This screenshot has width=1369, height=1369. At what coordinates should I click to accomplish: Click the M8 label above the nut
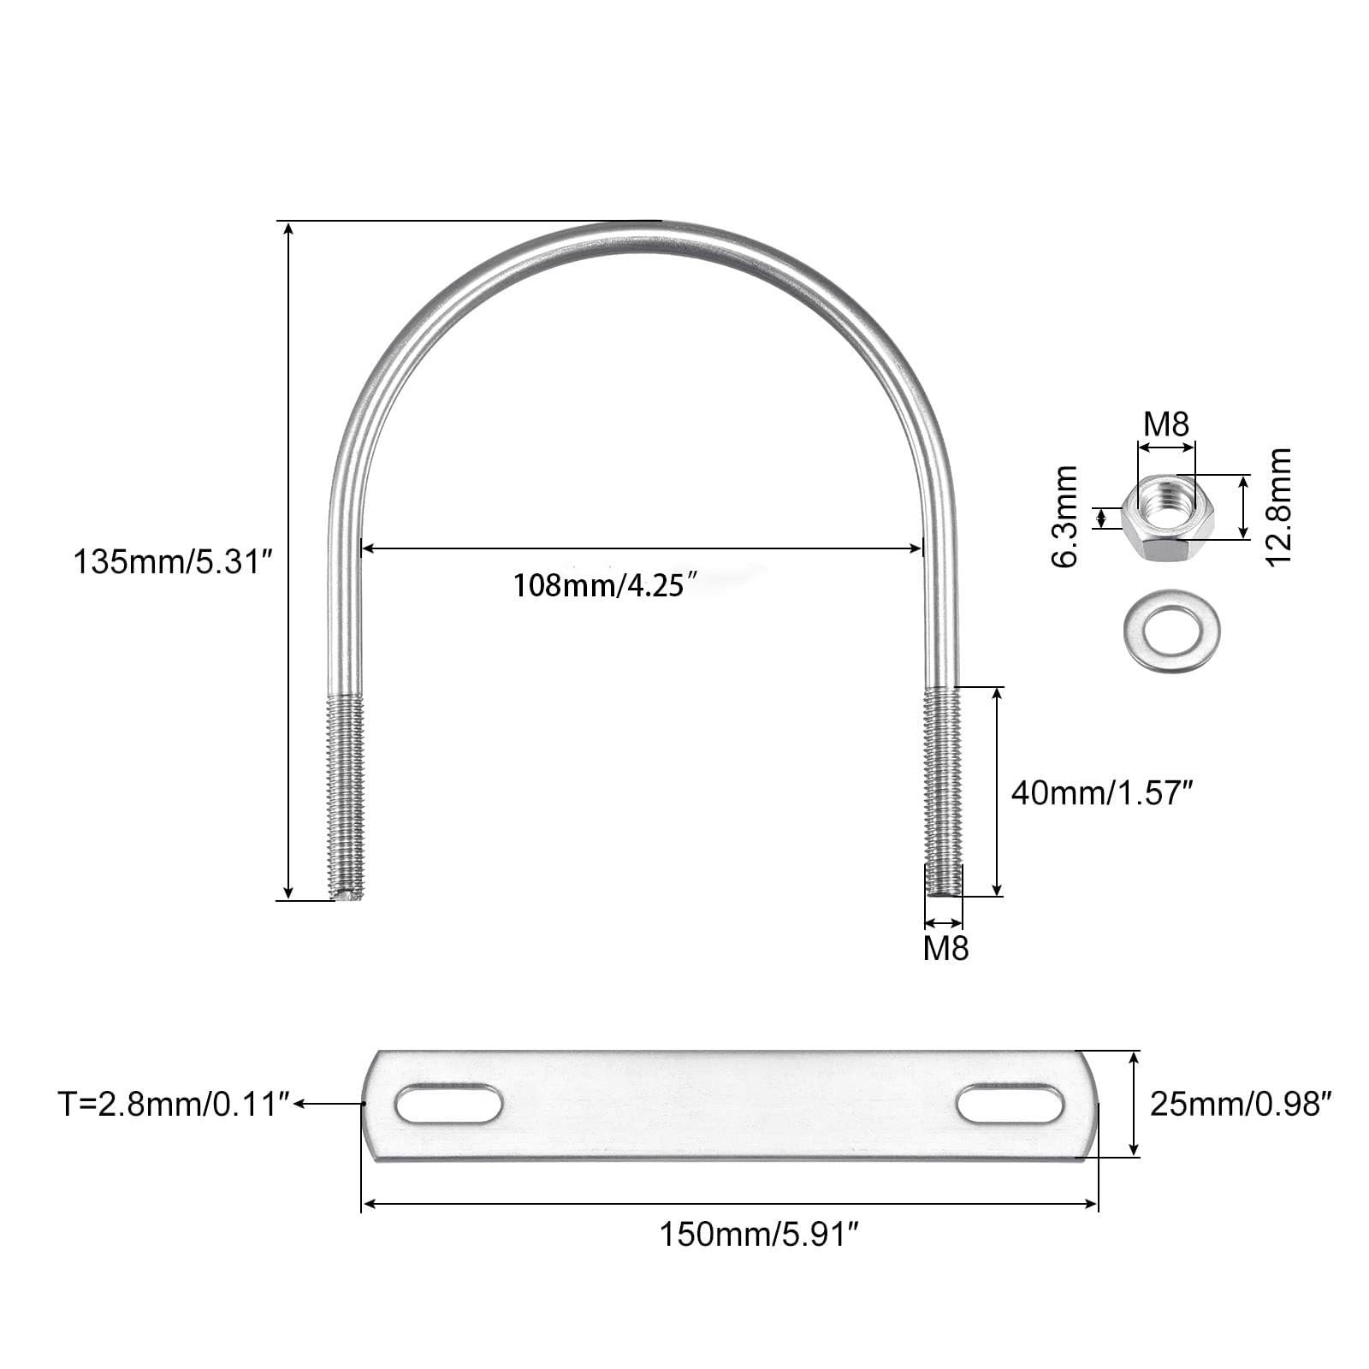click(1166, 424)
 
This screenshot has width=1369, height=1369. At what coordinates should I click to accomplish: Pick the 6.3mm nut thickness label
click(1066, 517)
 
